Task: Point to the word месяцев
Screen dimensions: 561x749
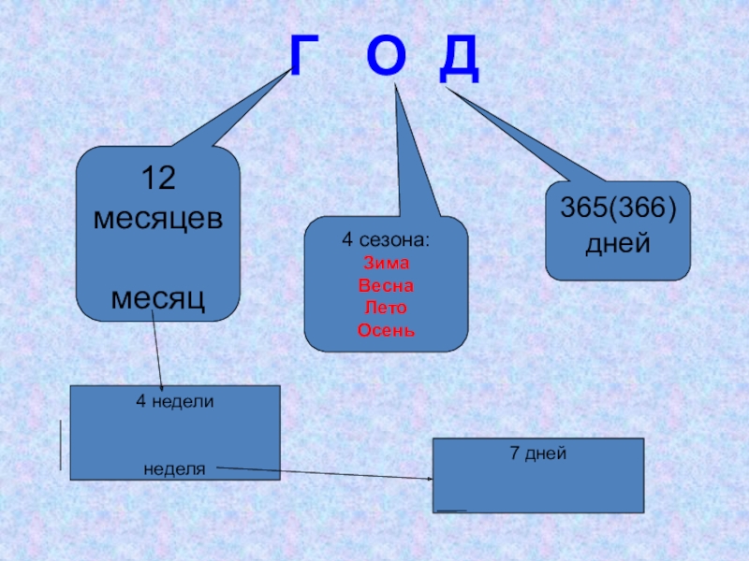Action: tap(157, 218)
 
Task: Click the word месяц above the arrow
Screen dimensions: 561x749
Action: tap(157, 298)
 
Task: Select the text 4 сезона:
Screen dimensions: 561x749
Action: tap(386, 240)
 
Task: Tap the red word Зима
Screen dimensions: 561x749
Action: tap(386, 263)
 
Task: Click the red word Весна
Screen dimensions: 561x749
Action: tap(386, 285)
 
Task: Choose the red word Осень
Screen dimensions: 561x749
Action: tap(386, 331)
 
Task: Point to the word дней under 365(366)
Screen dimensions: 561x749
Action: tap(618, 246)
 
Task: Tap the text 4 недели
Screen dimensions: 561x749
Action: tap(175, 401)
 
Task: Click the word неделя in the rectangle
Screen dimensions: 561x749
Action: tap(174, 466)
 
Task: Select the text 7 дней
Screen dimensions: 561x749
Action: tap(538, 453)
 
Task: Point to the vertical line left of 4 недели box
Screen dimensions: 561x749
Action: tap(62, 445)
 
